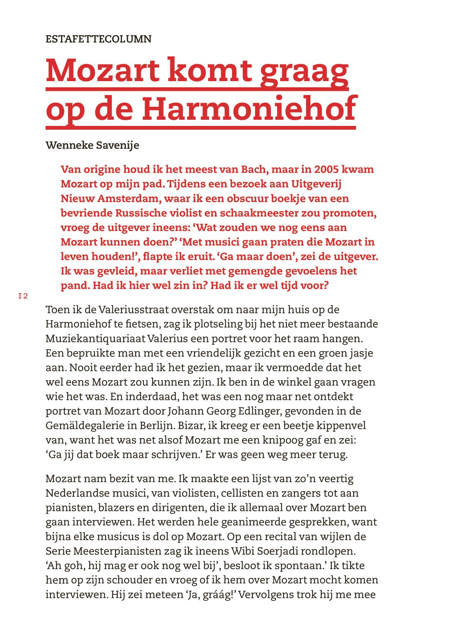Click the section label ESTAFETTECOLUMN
98,39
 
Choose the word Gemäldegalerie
92,425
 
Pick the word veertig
333,479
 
